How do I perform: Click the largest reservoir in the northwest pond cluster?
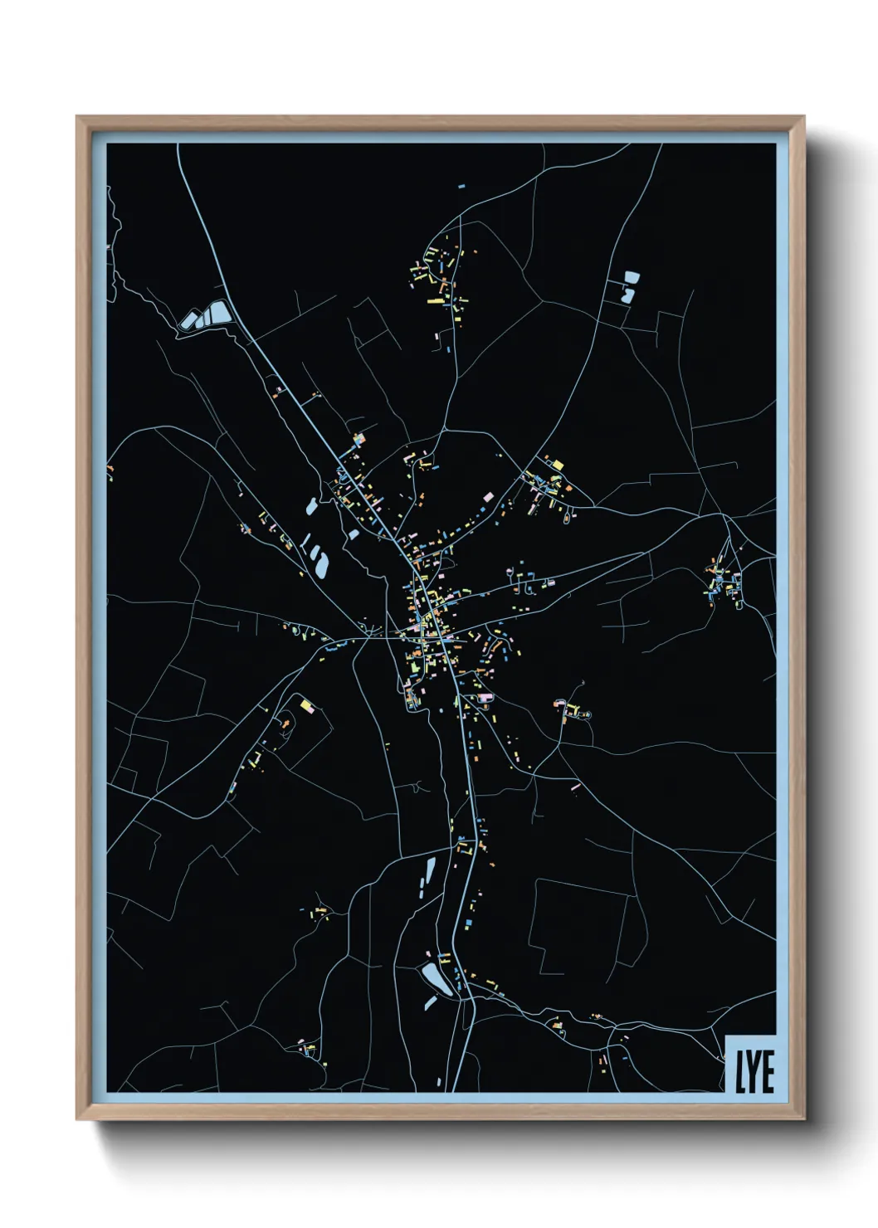pos(217,313)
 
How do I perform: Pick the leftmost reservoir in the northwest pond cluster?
pos(188,321)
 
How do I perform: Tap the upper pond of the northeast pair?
pos(632,277)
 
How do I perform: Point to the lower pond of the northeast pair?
pos(627,294)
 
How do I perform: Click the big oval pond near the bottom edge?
pos(436,978)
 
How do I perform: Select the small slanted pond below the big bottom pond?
pos(431,1003)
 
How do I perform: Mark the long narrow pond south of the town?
pos(430,872)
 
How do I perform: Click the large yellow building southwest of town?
pos(307,705)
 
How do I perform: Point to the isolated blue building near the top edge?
pos(461,187)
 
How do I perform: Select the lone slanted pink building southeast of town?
pos(575,785)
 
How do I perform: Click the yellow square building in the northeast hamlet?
pos(558,465)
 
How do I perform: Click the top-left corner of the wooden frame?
pos(77,117)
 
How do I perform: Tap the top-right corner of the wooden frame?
pos(803,117)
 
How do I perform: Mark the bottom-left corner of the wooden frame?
pos(77,1119)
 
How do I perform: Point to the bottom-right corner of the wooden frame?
pos(803,1119)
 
